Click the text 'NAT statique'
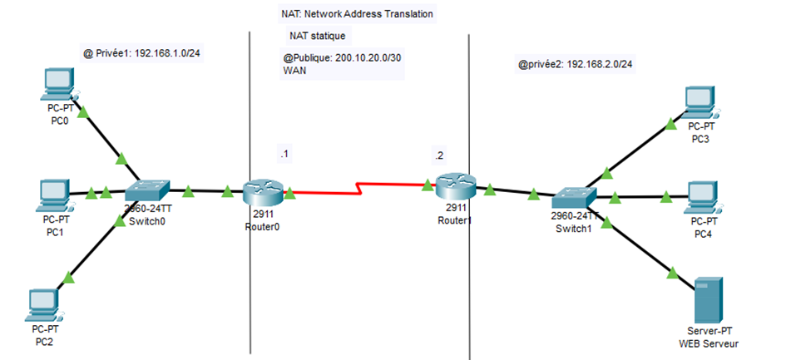pos(317,37)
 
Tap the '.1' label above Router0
pos(285,155)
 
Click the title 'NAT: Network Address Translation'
pos(357,14)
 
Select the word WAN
pos(295,72)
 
